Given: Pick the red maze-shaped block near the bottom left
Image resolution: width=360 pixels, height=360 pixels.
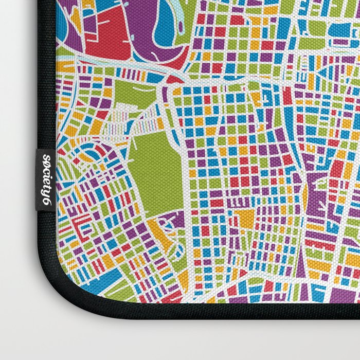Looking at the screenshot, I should coord(82,226).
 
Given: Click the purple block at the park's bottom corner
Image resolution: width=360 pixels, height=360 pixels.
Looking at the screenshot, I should coord(177,219).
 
